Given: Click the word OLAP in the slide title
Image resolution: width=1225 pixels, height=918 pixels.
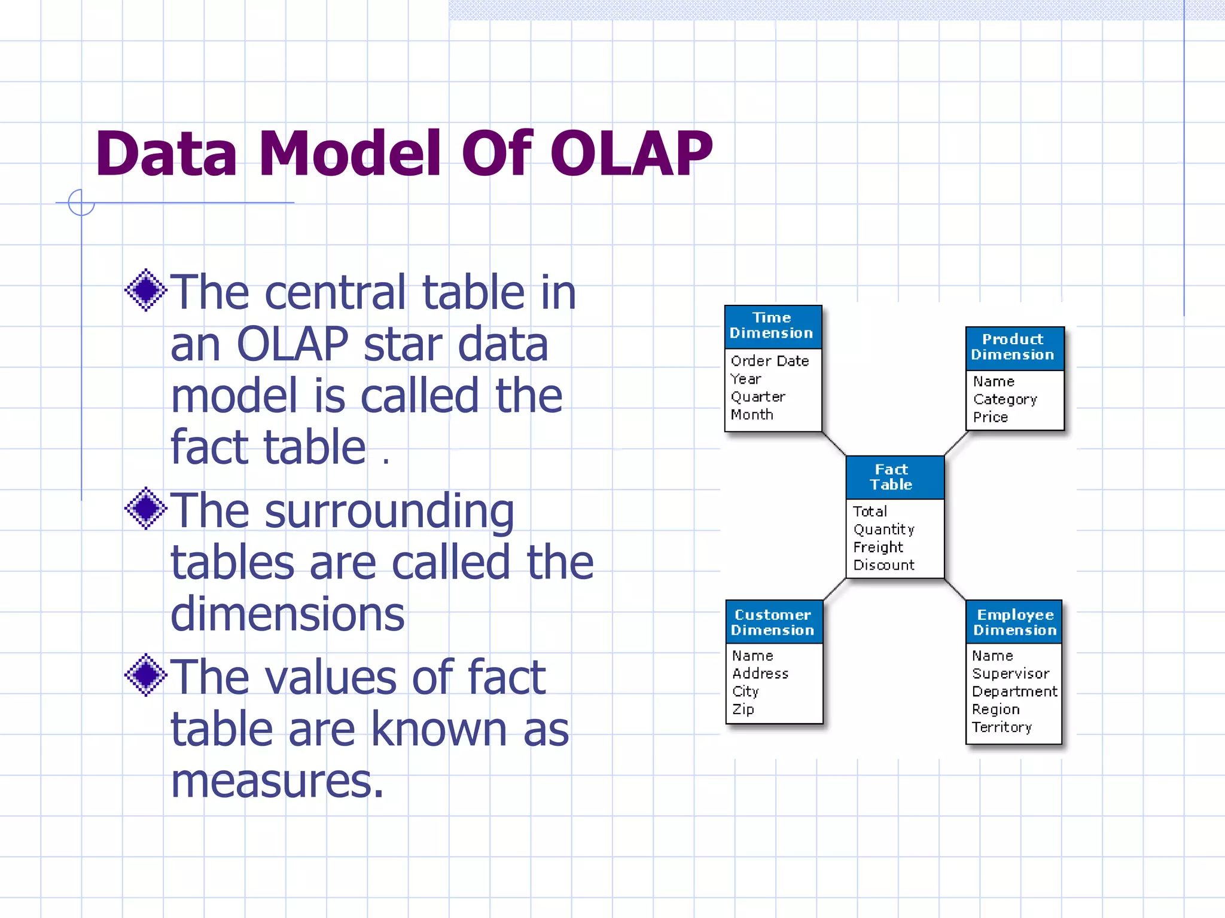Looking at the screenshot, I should (x=631, y=154).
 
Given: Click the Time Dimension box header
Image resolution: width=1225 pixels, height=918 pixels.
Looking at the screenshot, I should (x=772, y=326).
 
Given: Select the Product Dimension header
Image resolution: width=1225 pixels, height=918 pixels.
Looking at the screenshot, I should (x=1014, y=347).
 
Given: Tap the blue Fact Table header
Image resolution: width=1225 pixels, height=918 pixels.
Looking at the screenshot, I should (x=894, y=477).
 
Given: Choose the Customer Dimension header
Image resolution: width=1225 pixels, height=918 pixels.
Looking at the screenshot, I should (x=773, y=622).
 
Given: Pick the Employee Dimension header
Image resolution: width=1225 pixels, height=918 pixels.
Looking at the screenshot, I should (x=1014, y=622).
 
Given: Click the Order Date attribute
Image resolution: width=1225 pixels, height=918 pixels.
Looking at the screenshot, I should (x=770, y=361).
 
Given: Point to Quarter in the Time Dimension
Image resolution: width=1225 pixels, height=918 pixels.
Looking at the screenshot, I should (x=758, y=397).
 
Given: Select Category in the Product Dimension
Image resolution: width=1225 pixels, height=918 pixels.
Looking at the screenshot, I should (x=1005, y=399).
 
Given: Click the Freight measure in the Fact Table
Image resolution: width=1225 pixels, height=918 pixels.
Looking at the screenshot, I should (x=878, y=547).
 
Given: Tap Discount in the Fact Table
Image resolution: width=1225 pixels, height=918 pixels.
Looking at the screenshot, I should (x=883, y=565).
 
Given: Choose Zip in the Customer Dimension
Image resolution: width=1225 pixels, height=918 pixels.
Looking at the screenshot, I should (x=743, y=709).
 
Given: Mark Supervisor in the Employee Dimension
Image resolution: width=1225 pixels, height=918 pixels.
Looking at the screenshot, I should (x=1010, y=674).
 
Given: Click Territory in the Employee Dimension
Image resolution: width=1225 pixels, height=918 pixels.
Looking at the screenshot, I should (x=1002, y=727).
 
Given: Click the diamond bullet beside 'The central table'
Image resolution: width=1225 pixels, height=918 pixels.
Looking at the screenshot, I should (x=145, y=290).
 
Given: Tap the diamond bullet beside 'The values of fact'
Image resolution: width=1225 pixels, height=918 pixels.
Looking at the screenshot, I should (x=145, y=675).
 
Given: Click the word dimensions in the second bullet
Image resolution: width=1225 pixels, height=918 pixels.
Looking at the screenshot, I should (x=288, y=614).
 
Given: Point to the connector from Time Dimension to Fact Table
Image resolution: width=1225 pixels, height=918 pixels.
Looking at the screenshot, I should (x=834, y=443).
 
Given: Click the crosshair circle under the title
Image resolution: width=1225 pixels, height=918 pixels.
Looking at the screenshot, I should (x=81, y=203).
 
